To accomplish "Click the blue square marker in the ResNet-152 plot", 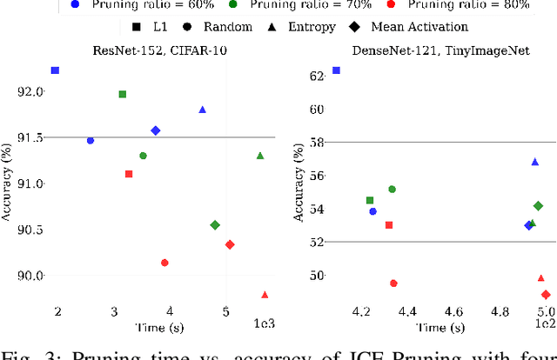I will tap(55, 70).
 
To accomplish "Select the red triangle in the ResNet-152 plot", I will tap(265, 295).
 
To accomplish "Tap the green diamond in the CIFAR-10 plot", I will tap(215, 225).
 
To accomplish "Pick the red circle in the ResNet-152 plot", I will tap(164, 263).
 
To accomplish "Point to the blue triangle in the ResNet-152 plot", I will tap(203, 110).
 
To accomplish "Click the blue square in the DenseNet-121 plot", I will tap(337, 70).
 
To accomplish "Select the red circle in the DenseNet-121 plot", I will tap(393, 283).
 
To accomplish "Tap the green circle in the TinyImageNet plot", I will tap(392, 189).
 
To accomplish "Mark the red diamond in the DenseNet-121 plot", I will tap(546, 295).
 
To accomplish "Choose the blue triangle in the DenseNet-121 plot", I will tap(535, 162).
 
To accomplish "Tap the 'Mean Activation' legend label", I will tap(419, 26).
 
